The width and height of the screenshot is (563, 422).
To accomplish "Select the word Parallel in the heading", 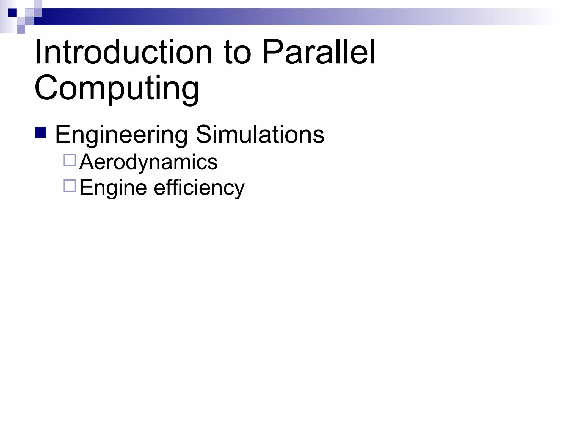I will (x=319, y=52).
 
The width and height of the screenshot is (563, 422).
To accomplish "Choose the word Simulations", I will (x=260, y=135).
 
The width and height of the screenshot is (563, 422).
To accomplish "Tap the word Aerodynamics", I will (x=148, y=162).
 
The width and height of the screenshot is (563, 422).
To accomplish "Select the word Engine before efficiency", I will (x=113, y=187).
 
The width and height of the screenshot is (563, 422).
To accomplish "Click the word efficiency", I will (x=199, y=187).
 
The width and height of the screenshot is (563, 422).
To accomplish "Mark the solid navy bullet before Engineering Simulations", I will (x=41, y=132).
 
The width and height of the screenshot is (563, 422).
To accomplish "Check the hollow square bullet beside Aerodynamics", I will (x=70, y=160).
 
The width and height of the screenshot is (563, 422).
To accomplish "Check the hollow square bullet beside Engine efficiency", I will (x=70, y=185).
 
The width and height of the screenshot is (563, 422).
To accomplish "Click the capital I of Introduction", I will (x=38, y=52).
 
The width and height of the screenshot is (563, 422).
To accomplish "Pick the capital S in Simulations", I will (x=204, y=135).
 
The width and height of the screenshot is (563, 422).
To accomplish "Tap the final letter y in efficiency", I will (x=238, y=190).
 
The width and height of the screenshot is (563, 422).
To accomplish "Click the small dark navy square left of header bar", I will (x=12, y=12).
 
